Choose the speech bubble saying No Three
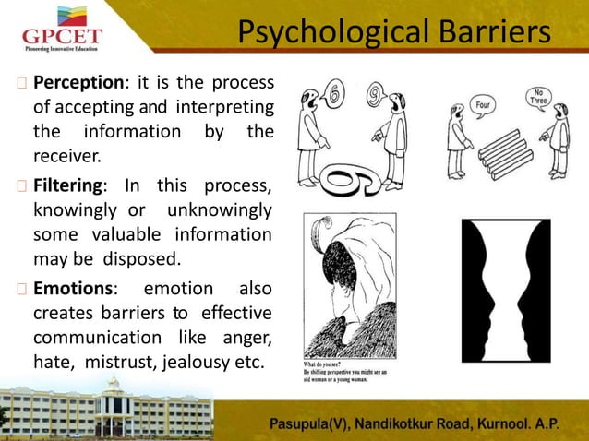[540, 98]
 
